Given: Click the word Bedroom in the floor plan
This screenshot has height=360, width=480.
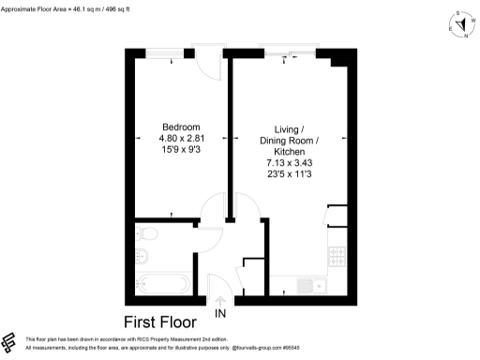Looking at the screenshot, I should click(182, 127).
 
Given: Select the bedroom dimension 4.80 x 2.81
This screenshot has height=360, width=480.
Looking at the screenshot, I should click(182, 139).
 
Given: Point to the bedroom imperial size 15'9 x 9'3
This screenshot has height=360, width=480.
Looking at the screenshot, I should click(182, 150).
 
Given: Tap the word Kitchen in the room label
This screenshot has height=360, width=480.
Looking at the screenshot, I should click(290, 152).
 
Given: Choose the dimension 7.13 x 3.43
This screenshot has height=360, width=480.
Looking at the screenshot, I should click(290, 163).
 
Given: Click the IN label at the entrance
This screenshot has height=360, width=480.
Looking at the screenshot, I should click(221, 312).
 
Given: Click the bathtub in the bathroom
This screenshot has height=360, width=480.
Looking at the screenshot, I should click(162, 282).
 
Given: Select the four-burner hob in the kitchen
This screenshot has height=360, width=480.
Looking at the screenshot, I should click(337, 253).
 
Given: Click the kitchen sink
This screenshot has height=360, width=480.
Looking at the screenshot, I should click(307, 286).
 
